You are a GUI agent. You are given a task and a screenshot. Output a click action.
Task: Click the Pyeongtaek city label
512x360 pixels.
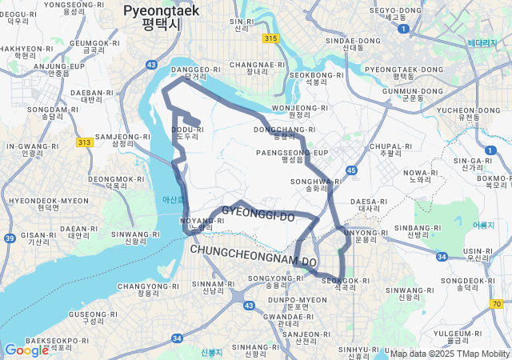point(161,16)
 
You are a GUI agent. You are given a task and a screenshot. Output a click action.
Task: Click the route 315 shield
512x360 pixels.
point(270,38)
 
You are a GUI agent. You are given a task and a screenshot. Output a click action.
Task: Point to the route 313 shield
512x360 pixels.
point(84,142)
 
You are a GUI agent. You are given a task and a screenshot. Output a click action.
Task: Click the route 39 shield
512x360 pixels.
point(9,238)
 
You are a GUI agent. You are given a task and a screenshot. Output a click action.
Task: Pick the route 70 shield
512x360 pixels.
point(498,304)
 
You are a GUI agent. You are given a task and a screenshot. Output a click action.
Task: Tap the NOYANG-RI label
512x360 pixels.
point(198,223)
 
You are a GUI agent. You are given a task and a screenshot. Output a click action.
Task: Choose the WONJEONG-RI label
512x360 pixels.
point(300,110)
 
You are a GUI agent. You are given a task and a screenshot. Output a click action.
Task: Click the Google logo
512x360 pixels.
point(26,350)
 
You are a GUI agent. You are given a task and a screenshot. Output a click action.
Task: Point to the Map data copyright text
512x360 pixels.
point(450,354)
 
